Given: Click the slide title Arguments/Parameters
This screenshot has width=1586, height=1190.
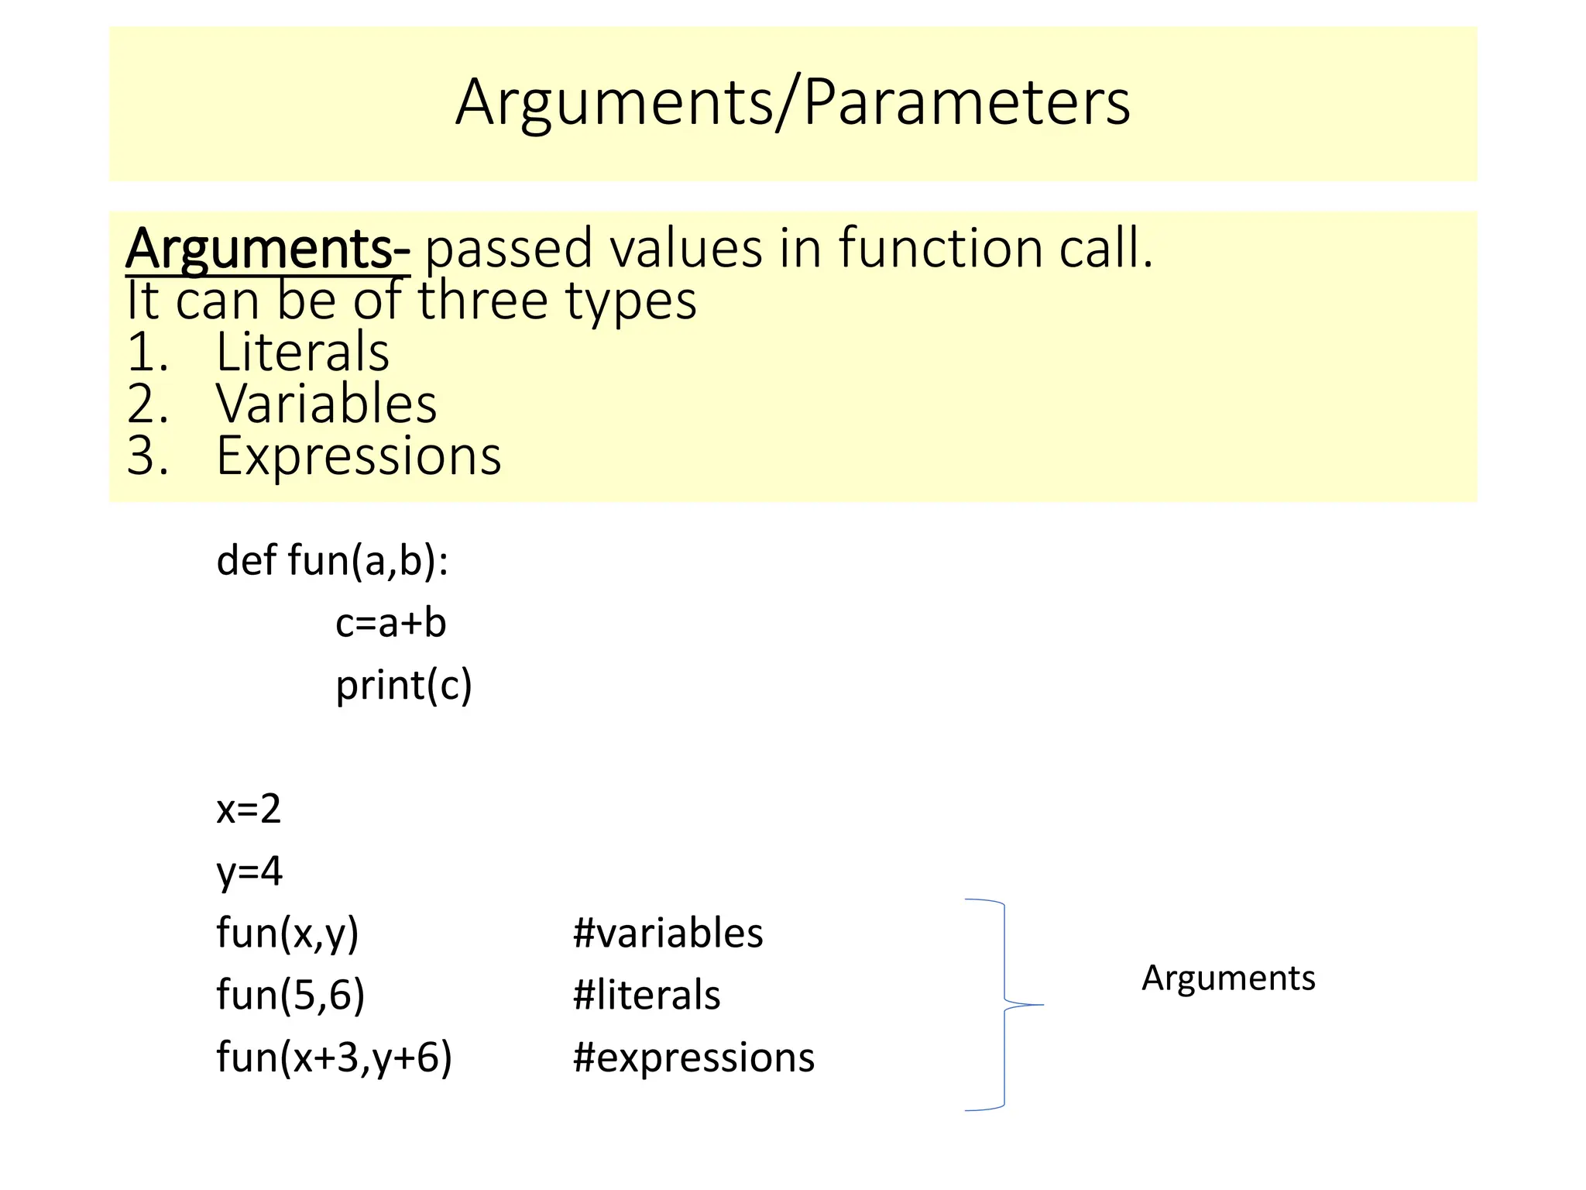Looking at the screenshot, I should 792,102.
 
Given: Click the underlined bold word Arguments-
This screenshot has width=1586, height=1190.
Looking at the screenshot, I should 268,249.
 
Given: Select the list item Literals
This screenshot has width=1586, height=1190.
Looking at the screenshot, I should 302,353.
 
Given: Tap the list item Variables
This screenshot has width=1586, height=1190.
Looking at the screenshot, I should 326,404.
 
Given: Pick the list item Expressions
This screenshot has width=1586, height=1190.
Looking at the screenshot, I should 359,456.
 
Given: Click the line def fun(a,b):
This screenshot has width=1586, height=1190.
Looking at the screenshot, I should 332,560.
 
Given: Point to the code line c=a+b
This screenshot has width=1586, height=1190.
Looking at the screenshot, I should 390,623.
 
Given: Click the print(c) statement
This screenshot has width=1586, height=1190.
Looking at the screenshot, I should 403,686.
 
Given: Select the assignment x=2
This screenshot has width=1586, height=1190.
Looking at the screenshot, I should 249,809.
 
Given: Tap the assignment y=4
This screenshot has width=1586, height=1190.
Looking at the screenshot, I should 249,872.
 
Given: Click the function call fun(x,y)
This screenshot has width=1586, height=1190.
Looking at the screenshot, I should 287,933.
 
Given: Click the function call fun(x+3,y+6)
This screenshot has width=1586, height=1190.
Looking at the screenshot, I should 334,1058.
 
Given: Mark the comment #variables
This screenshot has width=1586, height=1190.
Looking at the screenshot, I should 668,933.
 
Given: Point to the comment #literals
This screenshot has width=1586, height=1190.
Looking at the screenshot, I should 647,996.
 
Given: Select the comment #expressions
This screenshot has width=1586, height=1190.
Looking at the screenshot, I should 694,1058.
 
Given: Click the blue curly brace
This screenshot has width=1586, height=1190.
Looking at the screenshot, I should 1004,1005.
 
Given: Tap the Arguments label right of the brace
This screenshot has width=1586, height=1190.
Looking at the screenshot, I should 1228,978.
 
